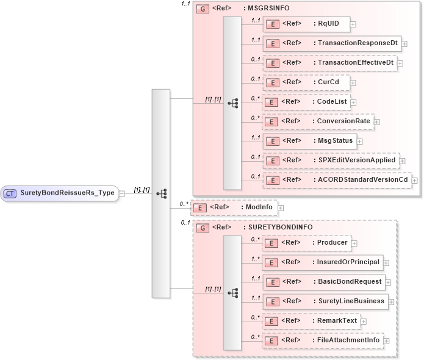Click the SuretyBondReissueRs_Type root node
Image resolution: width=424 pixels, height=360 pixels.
[x=60, y=193]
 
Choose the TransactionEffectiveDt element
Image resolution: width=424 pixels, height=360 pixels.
[x=329, y=63]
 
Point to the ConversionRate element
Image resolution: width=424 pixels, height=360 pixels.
[x=317, y=121]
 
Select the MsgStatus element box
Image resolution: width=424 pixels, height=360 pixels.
[x=312, y=140]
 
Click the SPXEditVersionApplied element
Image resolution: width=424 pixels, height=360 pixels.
[x=330, y=160]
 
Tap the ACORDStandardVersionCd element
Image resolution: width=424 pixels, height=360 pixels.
[x=336, y=179]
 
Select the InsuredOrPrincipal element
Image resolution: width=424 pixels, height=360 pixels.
[x=322, y=262]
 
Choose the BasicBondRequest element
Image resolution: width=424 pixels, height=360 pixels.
[x=323, y=282]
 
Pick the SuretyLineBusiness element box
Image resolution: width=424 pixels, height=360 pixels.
[x=325, y=301]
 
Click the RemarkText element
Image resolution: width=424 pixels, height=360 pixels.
[x=311, y=320]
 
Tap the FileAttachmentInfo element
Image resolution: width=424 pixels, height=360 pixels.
[x=322, y=340]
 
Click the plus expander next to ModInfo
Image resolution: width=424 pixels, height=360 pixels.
[x=281, y=208]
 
